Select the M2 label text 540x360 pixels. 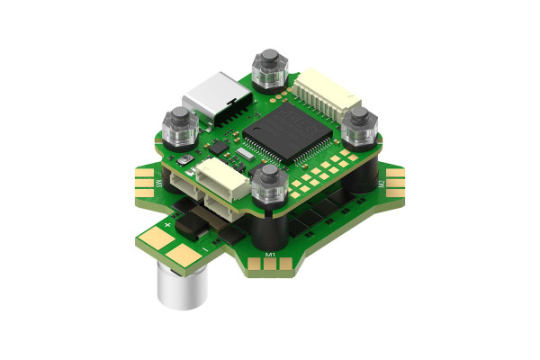click(x=381, y=184)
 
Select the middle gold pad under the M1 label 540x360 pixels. click(x=274, y=266)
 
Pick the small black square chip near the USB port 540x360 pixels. click(x=218, y=144)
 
